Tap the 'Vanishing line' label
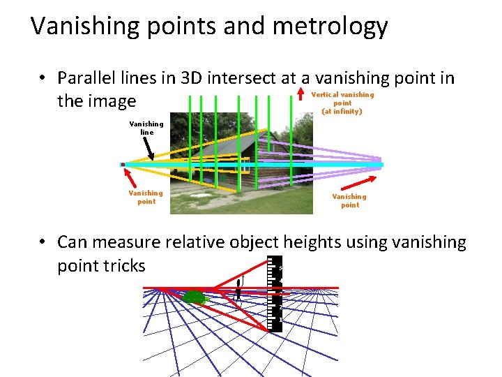click(146, 128)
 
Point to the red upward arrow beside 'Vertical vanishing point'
click(301, 95)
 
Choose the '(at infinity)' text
click(342, 111)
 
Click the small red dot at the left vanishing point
click(123, 165)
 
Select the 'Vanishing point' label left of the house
click(146, 197)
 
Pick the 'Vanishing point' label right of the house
click(349, 200)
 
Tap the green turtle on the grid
click(195, 298)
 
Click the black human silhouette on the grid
click(238, 288)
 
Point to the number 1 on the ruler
click(280, 320)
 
